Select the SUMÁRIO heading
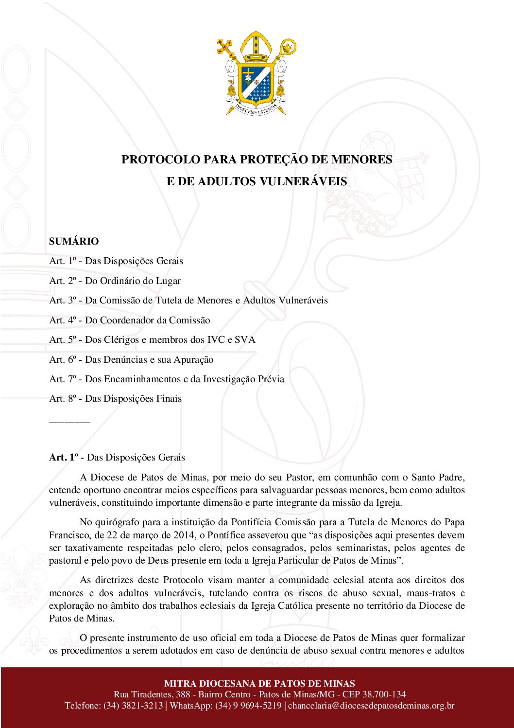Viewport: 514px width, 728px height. click(74, 241)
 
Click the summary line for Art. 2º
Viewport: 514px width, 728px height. click(115, 281)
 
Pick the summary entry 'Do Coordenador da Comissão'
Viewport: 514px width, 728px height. click(148, 320)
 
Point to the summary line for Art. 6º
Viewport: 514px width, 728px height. click(131, 359)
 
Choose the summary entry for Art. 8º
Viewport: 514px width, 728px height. click(115, 399)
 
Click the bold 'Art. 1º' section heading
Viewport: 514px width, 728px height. click(64, 457)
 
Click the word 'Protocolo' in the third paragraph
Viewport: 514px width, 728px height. click(183, 580)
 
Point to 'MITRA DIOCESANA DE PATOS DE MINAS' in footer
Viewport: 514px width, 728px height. click(259, 683)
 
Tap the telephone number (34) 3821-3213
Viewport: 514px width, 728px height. click(133, 706)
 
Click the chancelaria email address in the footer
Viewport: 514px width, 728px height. click(371, 706)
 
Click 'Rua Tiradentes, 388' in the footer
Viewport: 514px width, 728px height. click(152, 694)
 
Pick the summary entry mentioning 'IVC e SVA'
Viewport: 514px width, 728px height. click(152, 339)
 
